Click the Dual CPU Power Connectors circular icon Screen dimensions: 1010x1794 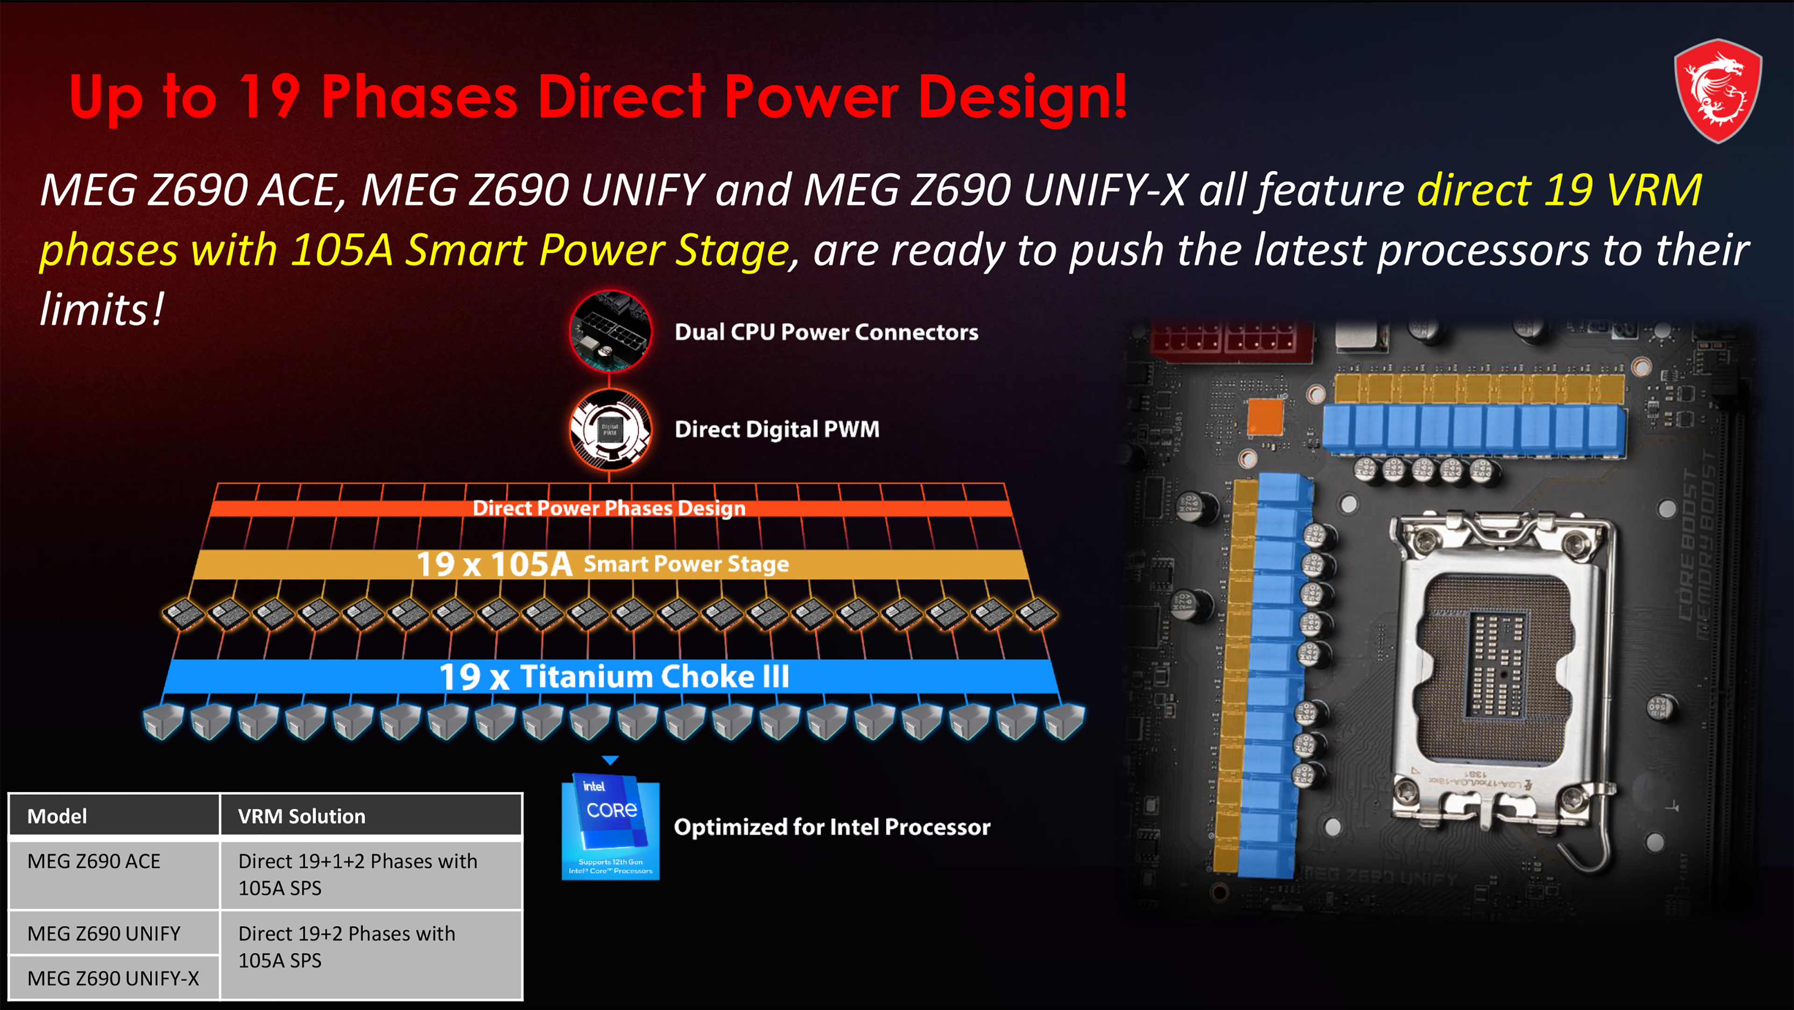point(610,331)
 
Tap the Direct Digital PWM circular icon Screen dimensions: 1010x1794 point(610,429)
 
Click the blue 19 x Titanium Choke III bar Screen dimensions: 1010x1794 point(610,676)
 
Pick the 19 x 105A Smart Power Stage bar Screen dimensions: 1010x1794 point(610,564)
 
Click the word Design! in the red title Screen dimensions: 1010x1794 point(1022,98)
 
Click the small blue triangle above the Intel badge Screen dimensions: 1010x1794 point(610,760)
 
